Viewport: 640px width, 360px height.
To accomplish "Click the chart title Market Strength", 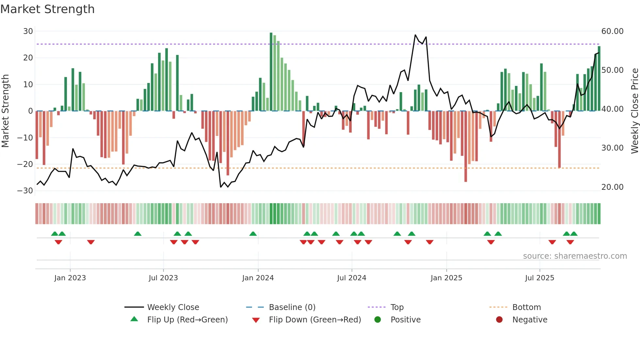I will (47, 9).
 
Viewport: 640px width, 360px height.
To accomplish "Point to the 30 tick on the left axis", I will (28, 31).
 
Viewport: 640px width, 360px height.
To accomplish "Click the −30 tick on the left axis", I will (25, 191).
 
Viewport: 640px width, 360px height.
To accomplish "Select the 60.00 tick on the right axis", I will (612, 31).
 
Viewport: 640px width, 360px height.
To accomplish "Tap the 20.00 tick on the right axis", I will (612, 187).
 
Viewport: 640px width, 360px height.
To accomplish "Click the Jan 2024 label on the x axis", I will (258, 278).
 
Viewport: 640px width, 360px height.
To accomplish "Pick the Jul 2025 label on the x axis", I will (539, 278).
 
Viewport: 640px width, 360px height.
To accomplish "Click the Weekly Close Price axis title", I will (634, 111).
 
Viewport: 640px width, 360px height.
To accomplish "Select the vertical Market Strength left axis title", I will (6, 111).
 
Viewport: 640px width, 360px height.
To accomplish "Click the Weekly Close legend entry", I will (173, 307).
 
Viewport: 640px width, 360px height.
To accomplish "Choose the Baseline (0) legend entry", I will (292, 307).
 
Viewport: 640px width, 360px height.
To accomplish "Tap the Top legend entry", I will (397, 307).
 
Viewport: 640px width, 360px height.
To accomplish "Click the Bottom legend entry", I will (526, 307).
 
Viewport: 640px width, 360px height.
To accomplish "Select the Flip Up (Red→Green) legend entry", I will (187, 320).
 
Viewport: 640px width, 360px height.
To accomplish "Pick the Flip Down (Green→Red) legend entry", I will (315, 320).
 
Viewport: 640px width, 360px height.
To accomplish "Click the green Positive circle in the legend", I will (378, 320).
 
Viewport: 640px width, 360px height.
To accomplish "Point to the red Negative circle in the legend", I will (499, 320).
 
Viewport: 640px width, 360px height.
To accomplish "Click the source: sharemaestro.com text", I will (575, 256).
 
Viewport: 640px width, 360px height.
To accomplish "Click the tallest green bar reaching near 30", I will (271, 72).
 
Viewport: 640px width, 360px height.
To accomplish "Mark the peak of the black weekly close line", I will (415, 35).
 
